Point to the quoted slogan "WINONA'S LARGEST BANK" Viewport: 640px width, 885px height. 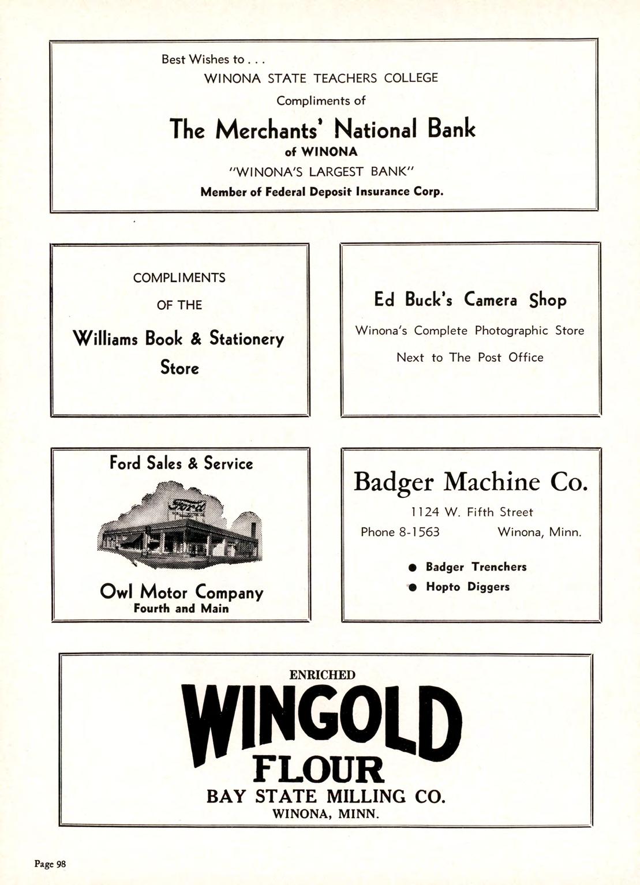321,172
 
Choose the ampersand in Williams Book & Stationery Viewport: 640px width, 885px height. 196,337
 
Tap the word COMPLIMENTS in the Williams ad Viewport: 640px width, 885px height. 179,277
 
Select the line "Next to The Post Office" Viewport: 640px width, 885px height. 470,357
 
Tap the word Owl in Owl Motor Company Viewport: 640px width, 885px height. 117,592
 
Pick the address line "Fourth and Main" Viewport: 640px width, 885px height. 181,608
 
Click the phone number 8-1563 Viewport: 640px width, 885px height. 419,532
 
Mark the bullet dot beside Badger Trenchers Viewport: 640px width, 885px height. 412,567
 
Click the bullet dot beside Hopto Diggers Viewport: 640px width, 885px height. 412,587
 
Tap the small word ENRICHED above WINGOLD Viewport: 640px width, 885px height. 321,674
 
